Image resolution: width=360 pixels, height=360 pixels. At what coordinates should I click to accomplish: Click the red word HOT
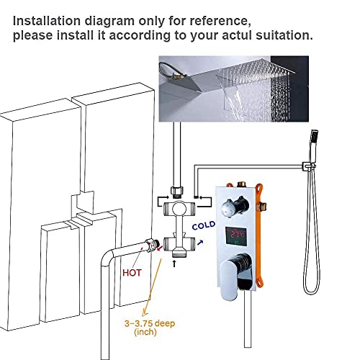point(132,273)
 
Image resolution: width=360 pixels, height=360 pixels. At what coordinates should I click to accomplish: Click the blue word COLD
point(204,225)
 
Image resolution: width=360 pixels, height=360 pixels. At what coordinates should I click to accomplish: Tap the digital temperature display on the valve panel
point(236,236)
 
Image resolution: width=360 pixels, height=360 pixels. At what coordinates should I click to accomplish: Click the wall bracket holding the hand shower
point(308,167)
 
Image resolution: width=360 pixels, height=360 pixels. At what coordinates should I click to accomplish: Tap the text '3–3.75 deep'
point(150,323)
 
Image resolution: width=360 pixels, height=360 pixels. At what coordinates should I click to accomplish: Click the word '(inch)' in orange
point(145,332)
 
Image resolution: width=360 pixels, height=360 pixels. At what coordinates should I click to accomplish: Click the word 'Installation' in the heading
point(47,21)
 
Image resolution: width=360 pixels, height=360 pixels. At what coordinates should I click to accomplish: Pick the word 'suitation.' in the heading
point(284,35)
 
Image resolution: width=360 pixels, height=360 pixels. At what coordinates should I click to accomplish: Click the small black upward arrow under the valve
point(174,264)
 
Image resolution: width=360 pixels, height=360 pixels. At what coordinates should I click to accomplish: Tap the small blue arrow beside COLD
point(200,243)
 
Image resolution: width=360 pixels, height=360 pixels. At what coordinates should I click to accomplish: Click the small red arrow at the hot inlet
point(159,248)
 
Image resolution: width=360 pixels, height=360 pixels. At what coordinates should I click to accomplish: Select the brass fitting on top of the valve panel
point(241,184)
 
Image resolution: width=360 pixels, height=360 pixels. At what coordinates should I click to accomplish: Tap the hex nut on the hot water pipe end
point(150,245)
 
